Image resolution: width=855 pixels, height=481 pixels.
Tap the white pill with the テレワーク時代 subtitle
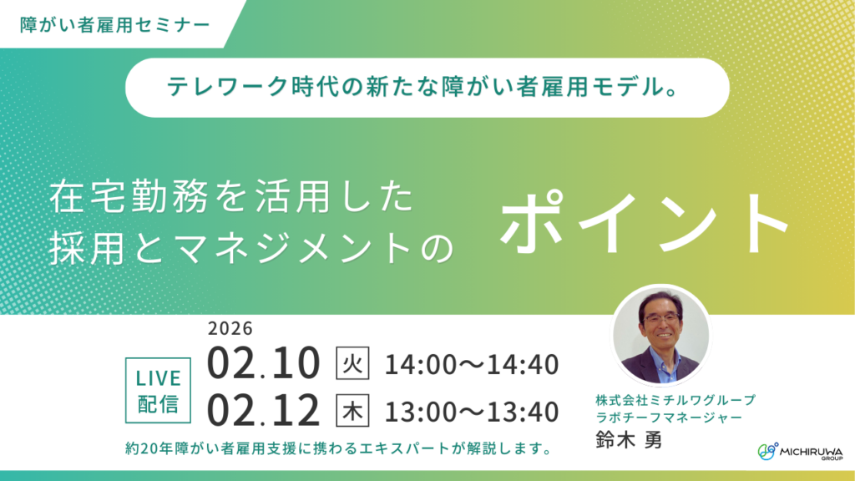coord(427,87)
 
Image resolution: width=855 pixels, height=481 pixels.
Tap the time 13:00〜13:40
coord(471,411)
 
